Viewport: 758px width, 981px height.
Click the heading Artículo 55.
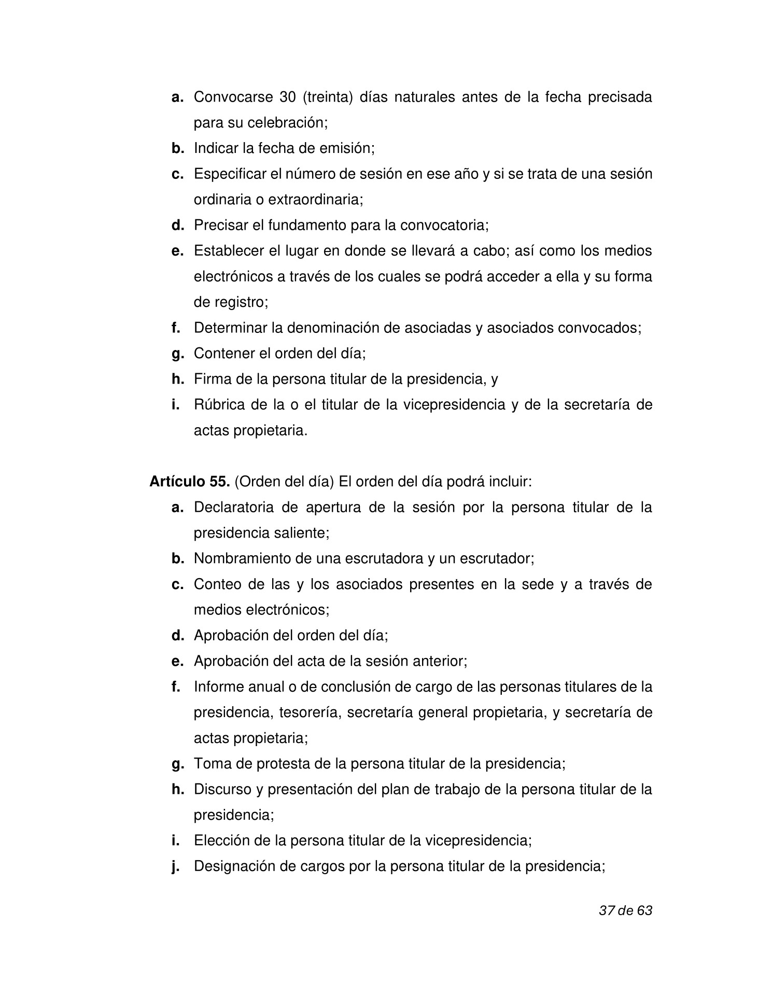pos(189,482)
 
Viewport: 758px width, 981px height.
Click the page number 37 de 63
pos(625,910)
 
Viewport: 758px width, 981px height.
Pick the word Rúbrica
pos(219,404)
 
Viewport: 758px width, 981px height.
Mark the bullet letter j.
pos(176,866)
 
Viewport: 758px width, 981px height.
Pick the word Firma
pos(212,379)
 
